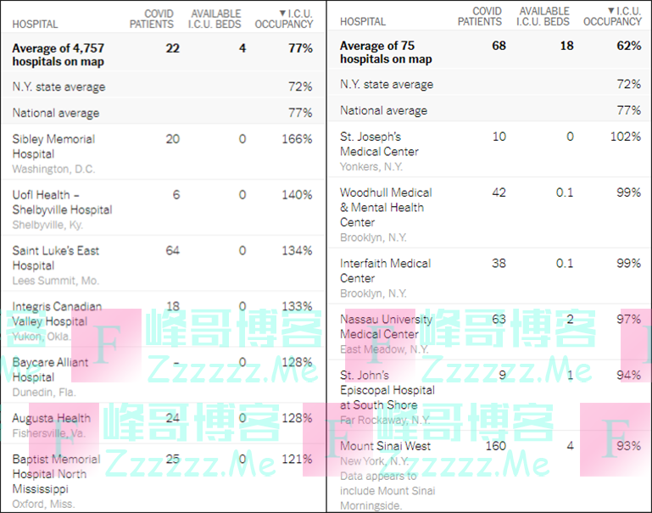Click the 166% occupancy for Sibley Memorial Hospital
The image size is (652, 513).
pyautogui.click(x=297, y=139)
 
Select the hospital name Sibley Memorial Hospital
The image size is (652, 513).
pyautogui.click(x=53, y=147)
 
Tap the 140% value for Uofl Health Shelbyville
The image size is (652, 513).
pyautogui.click(x=297, y=195)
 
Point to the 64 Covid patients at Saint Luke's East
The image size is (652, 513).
pyautogui.click(x=172, y=251)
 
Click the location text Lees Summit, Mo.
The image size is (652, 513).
pyautogui.click(x=55, y=280)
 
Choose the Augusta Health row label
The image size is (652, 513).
pyautogui.click(x=52, y=418)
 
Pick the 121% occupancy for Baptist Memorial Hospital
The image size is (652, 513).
pyautogui.click(x=297, y=459)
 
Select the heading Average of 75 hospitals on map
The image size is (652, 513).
pyautogui.click(x=386, y=53)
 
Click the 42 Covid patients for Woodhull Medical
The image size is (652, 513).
pyautogui.click(x=499, y=192)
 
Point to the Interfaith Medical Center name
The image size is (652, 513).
pyautogui.click(x=386, y=270)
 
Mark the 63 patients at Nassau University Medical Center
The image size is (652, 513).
pyautogui.click(x=499, y=320)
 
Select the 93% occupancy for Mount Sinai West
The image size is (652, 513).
pyautogui.click(x=628, y=446)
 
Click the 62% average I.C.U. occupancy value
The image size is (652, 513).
pyautogui.click(x=628, y=46)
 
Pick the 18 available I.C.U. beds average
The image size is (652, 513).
pyautogui.click(x=566, y=46)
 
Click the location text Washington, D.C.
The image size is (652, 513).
pyautogui.click(x=53, y=169)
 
